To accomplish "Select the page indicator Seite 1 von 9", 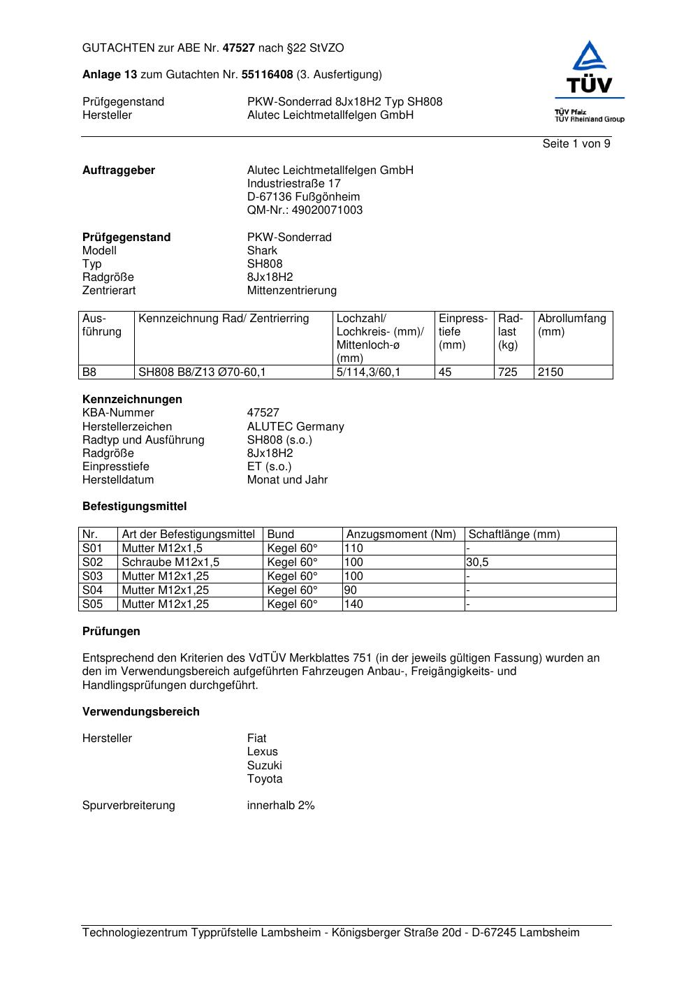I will coord(576,144).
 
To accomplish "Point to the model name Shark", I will coord(262,250).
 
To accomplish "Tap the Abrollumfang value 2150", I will coord(550,372).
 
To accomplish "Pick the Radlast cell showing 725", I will coord(508,372).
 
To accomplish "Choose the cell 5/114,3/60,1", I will coord(369,372).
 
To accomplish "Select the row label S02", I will coord(92,562).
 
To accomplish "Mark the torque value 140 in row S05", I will coord(354,604).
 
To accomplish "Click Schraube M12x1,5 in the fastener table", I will coord(170,562).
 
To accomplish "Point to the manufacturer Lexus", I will coord(262,752).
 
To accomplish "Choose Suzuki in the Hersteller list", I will coord(264,765).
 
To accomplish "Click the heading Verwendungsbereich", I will coord(141,712).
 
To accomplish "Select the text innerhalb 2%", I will coord(281,806).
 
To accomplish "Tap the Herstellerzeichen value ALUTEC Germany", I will coord(296,426).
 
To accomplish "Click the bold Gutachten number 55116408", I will coord(267,75).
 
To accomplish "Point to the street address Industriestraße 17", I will coord(294,184).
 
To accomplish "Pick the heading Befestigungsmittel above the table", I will coord(135,507).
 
